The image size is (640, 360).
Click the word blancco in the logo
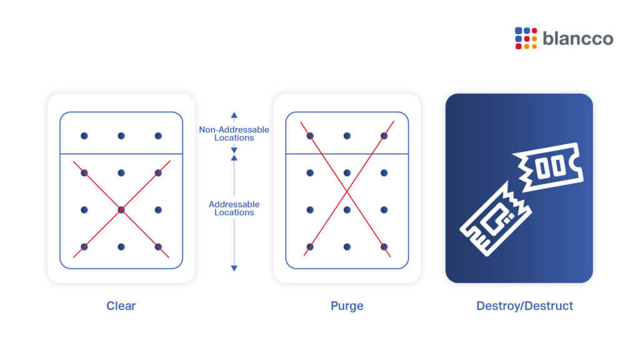(x=578, y=38)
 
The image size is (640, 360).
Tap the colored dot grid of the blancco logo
(x=526, y=38)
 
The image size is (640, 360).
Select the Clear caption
(x=121, y=306)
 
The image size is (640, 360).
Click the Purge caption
(x=347, y=306)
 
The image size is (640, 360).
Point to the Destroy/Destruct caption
(x=524, y=306)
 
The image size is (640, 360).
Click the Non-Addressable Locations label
(x=234, y=134)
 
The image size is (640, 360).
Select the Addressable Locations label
(x=234, y=208)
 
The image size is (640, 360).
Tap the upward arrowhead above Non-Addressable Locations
(x=234, y=116)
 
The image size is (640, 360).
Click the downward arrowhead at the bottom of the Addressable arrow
(x=234, y=268)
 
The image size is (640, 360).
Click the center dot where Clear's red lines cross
(x=121, y=210)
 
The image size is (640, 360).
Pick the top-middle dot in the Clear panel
(x=121, y=136)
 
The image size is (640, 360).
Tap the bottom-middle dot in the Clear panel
(x=121, y=247)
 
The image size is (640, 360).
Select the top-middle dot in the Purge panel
(x=347, y=136)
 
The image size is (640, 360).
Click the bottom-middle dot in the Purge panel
(x=347, y=247)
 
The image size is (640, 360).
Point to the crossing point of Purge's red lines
(x=347, y=191)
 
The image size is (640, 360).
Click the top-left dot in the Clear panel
(x=84, y=136)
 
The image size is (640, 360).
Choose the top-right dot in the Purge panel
(x=384, y=136)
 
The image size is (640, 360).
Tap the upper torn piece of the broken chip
(x=548, y=167)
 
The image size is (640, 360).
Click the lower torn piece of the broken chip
(x=496, y=219)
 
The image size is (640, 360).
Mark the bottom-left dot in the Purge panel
(x=310, y=247)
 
